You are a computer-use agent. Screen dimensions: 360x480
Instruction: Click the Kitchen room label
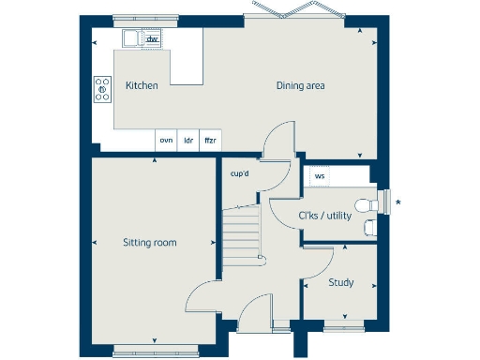[141, 85]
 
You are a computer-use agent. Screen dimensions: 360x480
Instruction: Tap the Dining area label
[300, 85]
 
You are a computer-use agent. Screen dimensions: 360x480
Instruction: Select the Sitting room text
[150, 243]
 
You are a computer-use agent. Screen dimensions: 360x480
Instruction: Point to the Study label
[340, 282]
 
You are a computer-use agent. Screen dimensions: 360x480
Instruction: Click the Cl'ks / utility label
[324, 217]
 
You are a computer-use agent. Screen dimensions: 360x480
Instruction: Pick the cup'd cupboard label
[240, 173]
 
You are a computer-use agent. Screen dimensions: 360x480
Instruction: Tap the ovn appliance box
[166, 140]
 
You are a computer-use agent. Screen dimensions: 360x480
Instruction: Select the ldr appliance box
[188, 140]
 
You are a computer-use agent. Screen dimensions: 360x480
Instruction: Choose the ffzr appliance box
[210, 140]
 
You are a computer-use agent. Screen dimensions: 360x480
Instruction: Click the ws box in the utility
[320, 175]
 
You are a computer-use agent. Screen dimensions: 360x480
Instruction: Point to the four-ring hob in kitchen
[102, 90]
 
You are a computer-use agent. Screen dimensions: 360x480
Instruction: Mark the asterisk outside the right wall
[399, 202]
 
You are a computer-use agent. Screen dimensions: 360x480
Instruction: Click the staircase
[242, 231]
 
